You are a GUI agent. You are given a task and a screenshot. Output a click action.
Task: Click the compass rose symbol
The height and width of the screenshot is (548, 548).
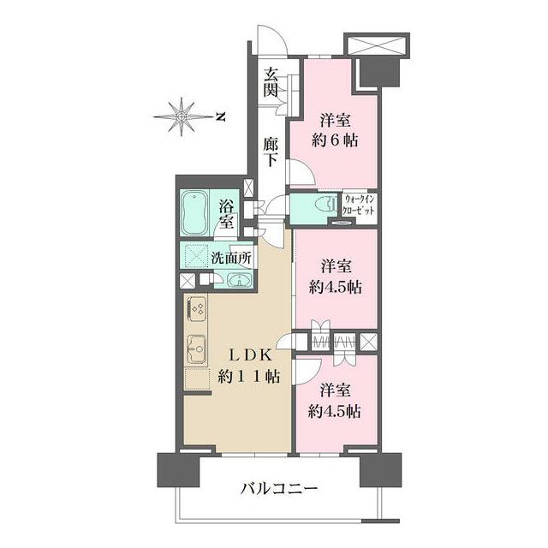pos(182,116)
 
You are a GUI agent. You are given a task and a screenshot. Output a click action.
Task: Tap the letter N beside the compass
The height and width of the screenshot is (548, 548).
pos(220,116)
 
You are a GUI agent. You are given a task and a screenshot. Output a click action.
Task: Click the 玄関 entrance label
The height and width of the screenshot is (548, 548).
pos(271,82)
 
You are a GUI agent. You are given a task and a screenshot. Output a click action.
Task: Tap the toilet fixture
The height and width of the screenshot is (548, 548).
pos(323,206)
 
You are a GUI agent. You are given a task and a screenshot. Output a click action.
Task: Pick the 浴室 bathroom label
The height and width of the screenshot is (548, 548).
pos(227,214)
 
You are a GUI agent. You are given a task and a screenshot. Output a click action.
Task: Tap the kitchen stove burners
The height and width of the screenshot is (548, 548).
pos(196,309)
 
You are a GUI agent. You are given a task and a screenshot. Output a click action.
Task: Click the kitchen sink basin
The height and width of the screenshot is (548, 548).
pos(196,350)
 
